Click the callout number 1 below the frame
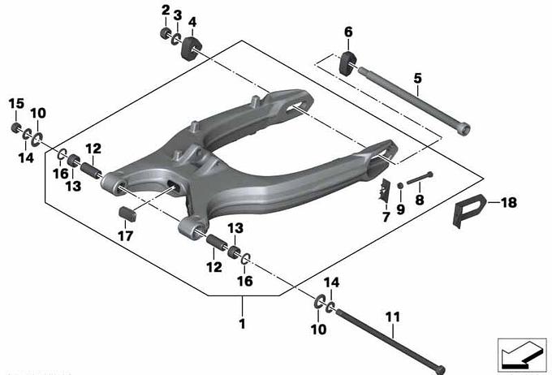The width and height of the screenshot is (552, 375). (242, 324)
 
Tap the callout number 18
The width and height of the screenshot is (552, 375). (509, 202)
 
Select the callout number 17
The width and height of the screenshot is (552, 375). (126, 236)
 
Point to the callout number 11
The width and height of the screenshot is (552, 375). (393, 317)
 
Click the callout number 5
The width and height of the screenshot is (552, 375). (417, 78)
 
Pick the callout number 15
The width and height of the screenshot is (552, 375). (16, 104)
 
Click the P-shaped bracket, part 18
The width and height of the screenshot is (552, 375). (468, 209)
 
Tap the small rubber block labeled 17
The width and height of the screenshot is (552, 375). (127, 214)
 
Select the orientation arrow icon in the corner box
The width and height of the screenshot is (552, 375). (521, 356)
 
